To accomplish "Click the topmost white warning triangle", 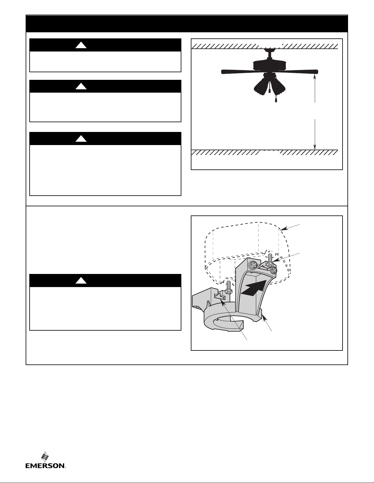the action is coord(81,45).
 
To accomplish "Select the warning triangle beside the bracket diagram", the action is coord(81,281).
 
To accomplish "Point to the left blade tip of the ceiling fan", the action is coord(223,72).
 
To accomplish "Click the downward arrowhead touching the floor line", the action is coord(315,147).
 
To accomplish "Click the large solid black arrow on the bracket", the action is coord(254,288).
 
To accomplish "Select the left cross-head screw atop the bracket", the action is coord(253,265).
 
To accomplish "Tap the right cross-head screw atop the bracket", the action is coord(273,270).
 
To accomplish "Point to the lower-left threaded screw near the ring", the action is coord(228,289).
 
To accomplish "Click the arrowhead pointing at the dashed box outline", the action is coord(283,229).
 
